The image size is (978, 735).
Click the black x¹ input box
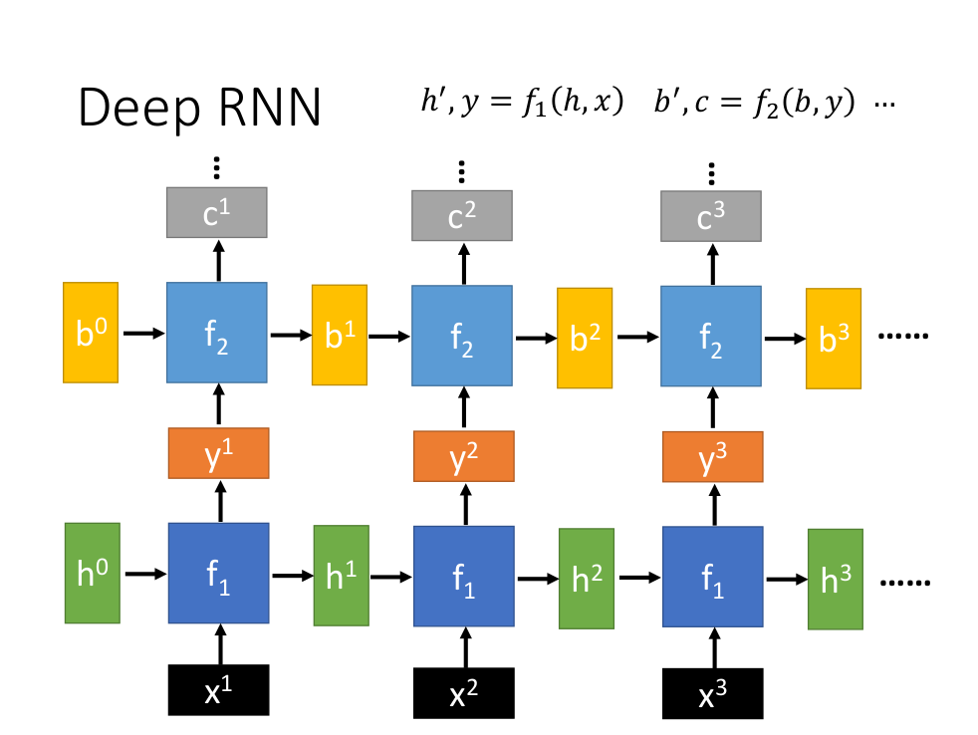[219, 690]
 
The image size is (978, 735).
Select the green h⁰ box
[91, 573]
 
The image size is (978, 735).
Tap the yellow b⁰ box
[91, 333]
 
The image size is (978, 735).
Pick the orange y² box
[463, 457]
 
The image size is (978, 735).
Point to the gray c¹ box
[216, 212]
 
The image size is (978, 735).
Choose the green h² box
[587, 579]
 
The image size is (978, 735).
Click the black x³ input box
[712, 692]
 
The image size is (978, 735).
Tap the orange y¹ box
[218, 453]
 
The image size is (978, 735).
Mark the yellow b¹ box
[340, 335]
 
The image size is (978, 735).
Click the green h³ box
[836, 580]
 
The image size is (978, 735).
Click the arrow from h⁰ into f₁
[145, 574]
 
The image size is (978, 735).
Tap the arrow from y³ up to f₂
[711, 409]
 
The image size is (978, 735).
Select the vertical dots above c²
[462, 171]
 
